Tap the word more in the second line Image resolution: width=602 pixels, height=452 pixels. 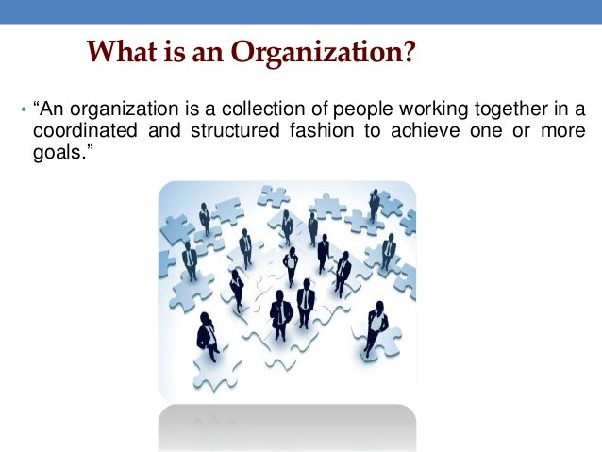point(562,130)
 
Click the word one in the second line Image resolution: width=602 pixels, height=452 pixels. point(486,130)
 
